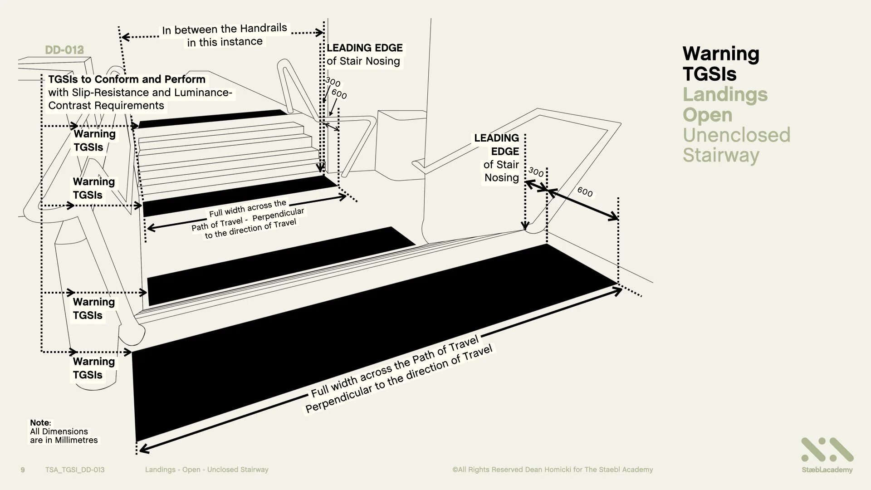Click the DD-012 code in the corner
coord(64,50)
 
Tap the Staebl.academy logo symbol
coord(827,450)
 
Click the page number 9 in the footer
coord(23,470)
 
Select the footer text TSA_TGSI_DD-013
coord(75,470)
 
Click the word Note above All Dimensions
coord(40,422)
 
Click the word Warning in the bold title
coord(720,54)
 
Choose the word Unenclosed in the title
coord(736,135)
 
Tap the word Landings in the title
coord(725,94)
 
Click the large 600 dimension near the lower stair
coord(585,192)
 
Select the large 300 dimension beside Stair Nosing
coord(536,172)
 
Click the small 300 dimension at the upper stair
coord(333,82)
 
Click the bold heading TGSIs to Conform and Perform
coord(127,79)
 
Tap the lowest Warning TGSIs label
coord(94,368)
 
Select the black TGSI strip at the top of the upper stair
coord(213,118)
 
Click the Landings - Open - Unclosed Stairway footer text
coord(206,470)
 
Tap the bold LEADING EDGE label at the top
coord(364,48)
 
